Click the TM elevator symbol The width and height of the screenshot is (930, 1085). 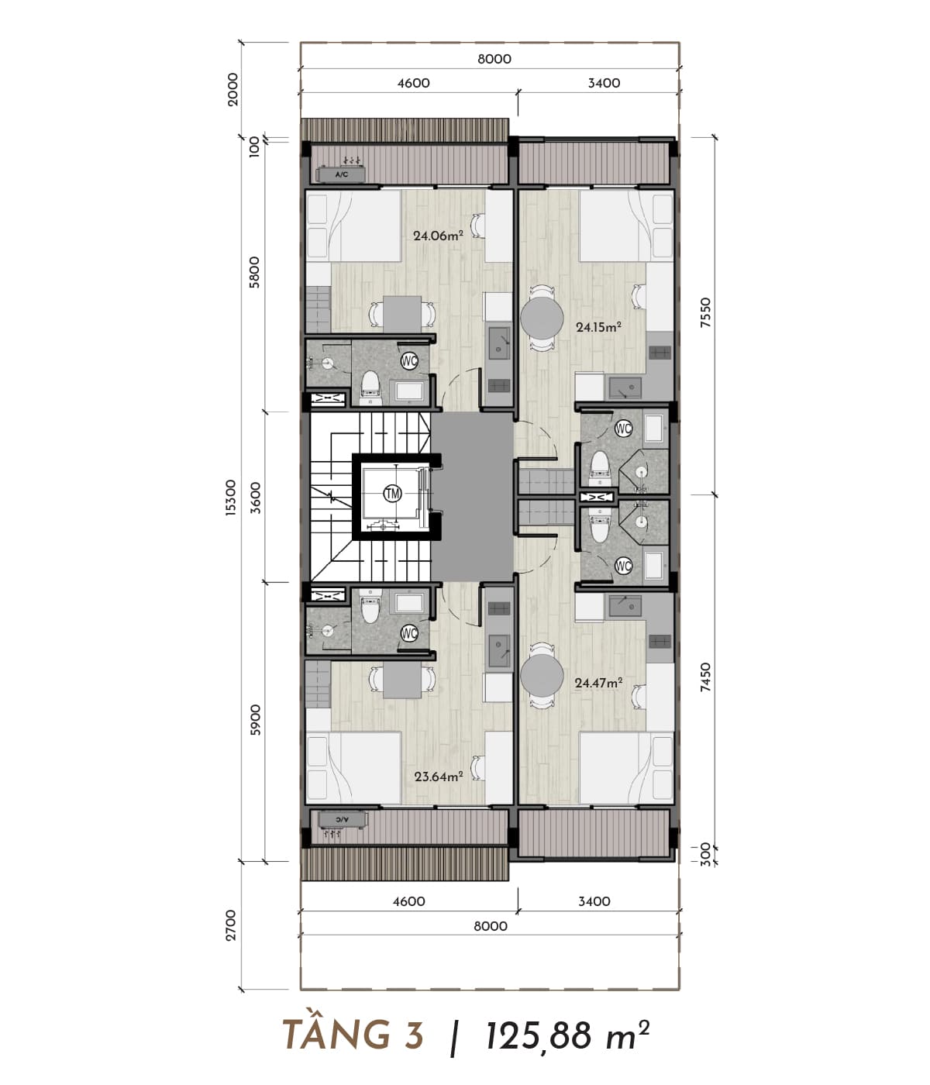393,494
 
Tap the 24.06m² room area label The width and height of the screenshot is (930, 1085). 438,236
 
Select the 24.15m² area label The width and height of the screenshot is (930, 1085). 599,327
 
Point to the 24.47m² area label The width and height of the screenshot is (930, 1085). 598,683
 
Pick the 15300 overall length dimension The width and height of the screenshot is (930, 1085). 231,498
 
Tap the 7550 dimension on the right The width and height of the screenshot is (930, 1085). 706,313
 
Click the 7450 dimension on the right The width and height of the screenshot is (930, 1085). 706,677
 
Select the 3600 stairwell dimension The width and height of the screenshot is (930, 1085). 256,498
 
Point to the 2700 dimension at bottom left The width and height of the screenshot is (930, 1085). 231,925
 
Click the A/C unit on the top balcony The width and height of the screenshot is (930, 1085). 342,174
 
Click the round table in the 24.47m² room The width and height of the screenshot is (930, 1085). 542,676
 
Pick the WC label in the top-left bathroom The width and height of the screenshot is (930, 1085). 409,360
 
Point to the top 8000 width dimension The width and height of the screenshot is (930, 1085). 494,59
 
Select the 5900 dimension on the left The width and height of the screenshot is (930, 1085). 256,720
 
